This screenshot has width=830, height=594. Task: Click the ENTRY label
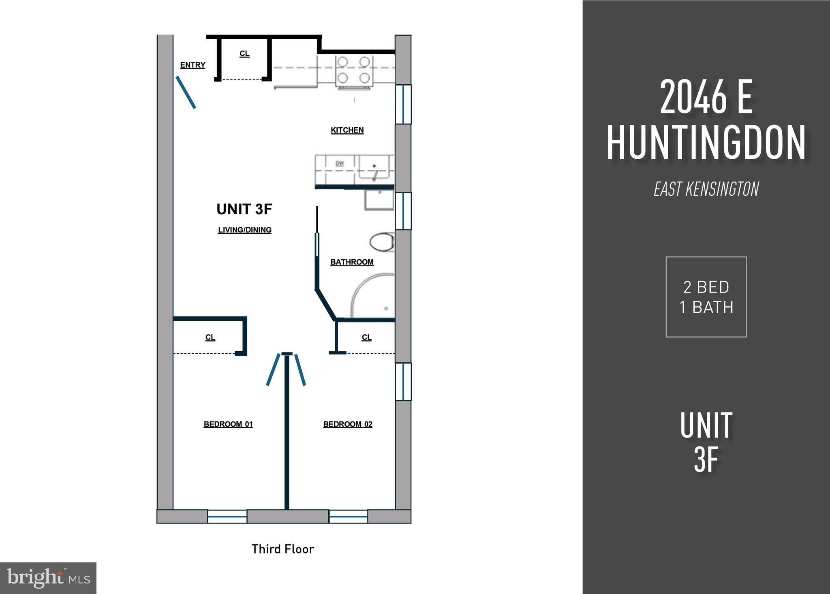pos(193,65)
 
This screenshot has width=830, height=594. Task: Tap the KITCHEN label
pos(347,130)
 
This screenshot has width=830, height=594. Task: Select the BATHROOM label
pos(352,262)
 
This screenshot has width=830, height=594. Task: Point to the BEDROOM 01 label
pos(228,424)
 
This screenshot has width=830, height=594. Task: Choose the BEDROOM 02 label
pos(348,424)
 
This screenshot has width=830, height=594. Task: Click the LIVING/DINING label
pos(245,230)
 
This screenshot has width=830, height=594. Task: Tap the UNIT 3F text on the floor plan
pos(244,209)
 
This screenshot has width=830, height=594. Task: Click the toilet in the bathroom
pos(382,242)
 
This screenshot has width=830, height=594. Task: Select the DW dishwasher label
pos(340,164)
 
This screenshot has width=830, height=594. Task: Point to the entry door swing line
pos(186,92)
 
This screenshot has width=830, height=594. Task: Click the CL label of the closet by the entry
pos(244,54)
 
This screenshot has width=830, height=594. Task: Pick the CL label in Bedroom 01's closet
pos(210,338)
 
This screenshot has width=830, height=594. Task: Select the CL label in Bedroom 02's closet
pos(366,338)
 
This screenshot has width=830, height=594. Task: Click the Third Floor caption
pos(283,549)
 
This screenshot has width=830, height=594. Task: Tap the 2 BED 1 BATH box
pos(706,297)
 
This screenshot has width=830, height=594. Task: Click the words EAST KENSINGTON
pos(706,189)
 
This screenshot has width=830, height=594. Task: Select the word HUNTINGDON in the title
pos(706,143)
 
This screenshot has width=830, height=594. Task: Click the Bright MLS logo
pos(48,578)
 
